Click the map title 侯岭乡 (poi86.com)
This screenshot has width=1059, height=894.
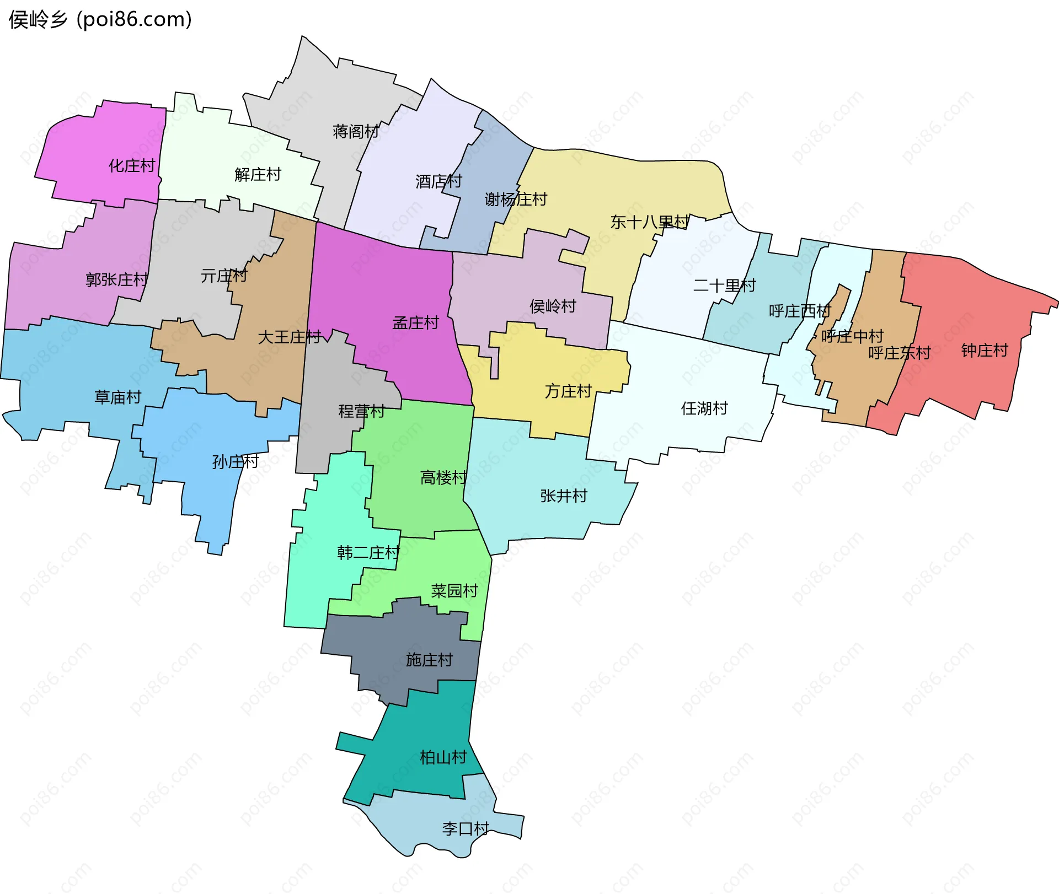[100, 20]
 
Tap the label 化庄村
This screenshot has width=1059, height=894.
[132, 165]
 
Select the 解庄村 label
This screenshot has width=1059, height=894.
[258, 175]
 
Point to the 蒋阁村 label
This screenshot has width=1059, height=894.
[356, 132]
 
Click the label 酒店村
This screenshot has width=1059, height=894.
[438, 181]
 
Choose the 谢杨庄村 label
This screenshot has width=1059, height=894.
[516, 199]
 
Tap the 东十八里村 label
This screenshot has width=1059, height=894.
[650, 222]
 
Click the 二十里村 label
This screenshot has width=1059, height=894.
[724, 286]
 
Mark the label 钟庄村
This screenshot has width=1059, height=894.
[985, 350]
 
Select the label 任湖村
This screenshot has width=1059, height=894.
[704, 408]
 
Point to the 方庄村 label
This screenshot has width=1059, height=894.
[568, 391]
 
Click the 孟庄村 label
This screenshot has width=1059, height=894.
[415, 323]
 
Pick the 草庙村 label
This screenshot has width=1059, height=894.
[117, 397]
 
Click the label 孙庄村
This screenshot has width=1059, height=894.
[236, 462]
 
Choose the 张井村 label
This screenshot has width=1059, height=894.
[564, 496]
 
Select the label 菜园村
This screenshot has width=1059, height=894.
[454, 591]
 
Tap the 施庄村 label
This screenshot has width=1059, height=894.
[429, 660]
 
